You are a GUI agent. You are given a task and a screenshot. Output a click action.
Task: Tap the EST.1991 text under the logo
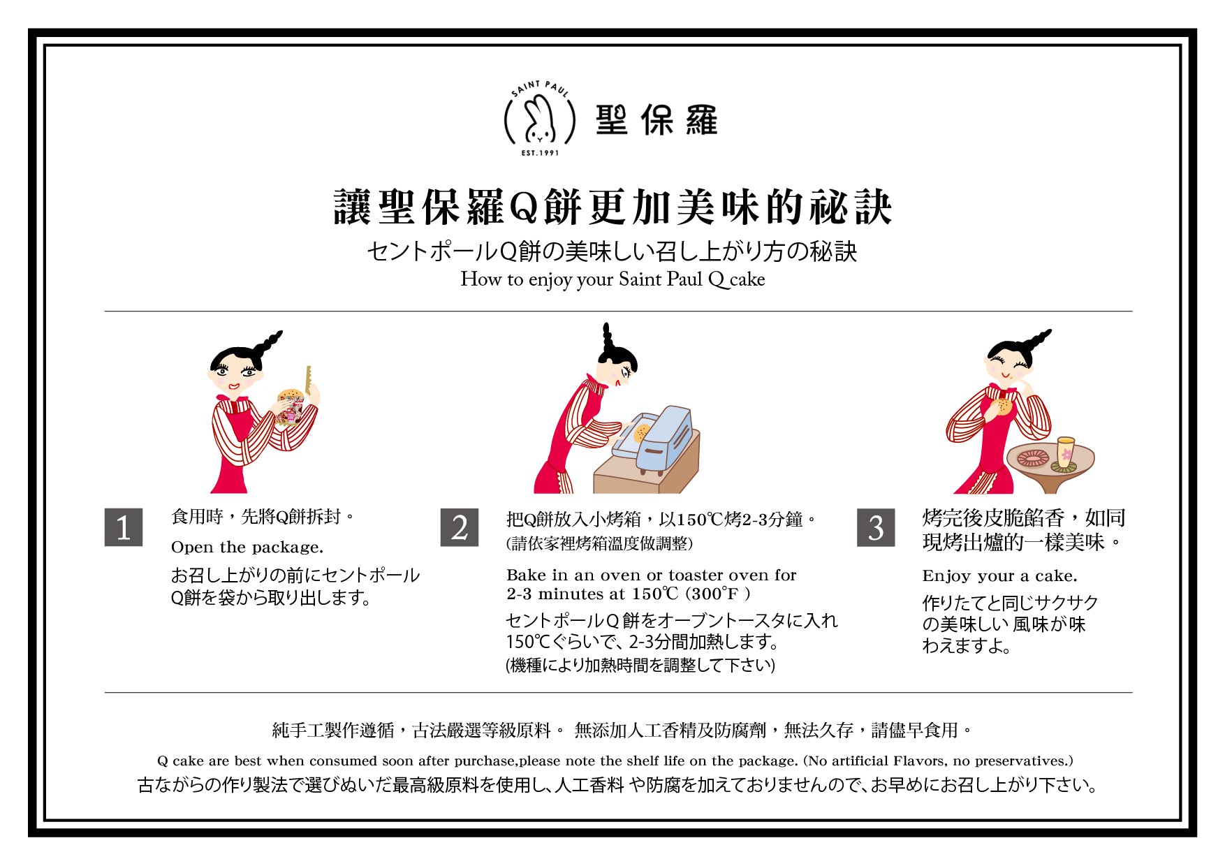[540, 153]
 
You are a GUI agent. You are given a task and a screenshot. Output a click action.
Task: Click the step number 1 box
[124, 527]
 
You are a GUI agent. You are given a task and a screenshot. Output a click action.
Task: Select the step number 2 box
[460, 527]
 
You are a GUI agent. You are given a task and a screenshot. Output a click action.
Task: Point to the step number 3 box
[876, 527]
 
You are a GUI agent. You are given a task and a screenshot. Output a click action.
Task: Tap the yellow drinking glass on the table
[1066, 453]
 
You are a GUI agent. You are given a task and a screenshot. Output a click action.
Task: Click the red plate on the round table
[1033, 458]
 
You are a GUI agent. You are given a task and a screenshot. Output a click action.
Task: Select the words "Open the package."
[247, 547]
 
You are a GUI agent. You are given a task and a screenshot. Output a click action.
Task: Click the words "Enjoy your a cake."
[999, 576]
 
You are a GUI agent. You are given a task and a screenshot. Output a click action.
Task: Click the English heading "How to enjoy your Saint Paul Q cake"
[612, 279]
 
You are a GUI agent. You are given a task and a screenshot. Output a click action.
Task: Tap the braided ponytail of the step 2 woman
[607, 338]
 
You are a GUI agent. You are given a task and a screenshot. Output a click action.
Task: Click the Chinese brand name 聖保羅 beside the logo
[656, 120]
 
